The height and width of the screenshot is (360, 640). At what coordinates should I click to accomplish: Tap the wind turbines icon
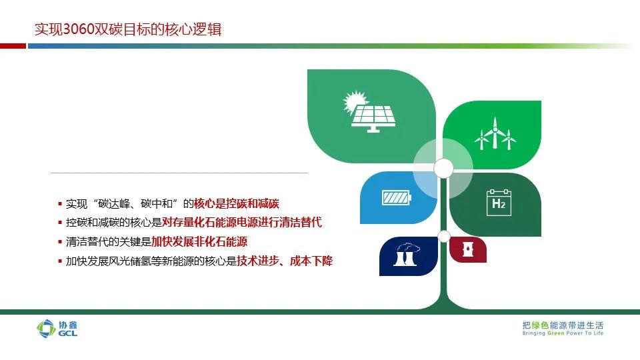pos(495,133)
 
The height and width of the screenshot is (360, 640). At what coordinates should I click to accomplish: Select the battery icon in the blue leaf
pos(396,198)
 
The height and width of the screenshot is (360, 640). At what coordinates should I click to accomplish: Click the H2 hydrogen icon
pos(499,203)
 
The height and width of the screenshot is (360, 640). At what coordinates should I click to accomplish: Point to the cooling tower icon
pos(407,255)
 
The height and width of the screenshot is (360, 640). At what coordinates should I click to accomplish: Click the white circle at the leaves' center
pos(443,168)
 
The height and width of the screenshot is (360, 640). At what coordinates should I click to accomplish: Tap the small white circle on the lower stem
pos(444,236)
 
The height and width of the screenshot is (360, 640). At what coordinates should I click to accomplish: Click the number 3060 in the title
pos(79,29)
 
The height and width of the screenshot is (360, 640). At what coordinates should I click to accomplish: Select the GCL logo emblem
pos(46,329)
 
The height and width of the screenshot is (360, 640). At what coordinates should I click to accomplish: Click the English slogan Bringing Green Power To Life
pos(563,333)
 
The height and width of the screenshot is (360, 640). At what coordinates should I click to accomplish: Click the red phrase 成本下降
pos(311,261)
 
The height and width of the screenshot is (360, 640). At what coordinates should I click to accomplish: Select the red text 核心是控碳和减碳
pos(236,203)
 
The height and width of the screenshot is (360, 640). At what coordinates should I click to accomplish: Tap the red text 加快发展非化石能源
pos(199,241)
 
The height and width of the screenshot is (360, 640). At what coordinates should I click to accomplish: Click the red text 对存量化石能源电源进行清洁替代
pos(242,222)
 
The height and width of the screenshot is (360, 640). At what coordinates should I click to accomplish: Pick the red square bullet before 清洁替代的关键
pos(60,242)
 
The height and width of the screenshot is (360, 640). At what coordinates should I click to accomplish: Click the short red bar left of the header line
pos(13,46)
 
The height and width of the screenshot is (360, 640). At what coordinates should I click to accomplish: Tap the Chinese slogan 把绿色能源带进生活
pos(563,325)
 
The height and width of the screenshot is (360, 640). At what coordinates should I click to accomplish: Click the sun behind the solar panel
pos(354,101)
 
